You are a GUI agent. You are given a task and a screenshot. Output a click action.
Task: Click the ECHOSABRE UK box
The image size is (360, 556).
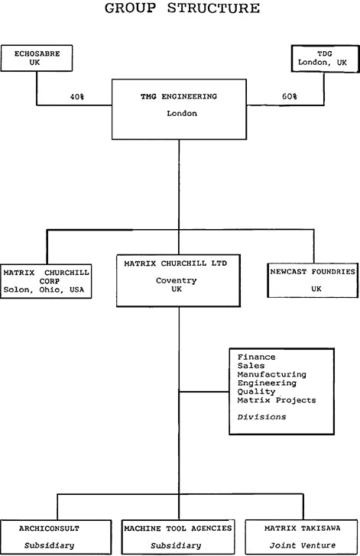37,58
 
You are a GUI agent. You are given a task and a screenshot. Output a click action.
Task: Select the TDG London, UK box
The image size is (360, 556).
325,59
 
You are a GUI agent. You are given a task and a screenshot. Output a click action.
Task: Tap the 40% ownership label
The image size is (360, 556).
77,96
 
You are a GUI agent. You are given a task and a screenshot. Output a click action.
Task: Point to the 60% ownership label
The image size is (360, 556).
290,96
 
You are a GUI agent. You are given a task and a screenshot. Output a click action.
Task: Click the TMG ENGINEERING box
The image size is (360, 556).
179,109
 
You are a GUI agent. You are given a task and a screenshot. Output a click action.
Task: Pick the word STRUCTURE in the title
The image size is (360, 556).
213,8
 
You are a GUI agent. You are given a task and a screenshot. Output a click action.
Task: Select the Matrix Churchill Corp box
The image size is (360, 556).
46,281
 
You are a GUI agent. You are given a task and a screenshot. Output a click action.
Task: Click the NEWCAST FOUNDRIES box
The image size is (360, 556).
313,280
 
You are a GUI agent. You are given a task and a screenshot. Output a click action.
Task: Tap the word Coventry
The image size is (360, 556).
176,280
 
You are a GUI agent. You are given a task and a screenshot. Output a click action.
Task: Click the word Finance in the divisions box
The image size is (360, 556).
256,357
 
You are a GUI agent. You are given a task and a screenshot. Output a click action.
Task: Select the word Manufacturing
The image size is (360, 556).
271,374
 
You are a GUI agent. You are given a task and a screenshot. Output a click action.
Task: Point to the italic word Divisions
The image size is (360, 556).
261,417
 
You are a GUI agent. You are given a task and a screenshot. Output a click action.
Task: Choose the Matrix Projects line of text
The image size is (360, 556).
277,400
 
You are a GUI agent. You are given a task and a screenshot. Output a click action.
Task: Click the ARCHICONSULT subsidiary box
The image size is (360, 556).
56,537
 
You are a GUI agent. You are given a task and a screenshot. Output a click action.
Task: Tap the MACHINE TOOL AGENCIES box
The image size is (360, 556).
178,537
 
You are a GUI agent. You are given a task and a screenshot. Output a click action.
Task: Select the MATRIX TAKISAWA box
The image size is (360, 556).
301,537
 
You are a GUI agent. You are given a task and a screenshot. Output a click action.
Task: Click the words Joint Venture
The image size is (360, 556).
303,545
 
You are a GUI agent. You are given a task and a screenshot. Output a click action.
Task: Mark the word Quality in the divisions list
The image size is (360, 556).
256,392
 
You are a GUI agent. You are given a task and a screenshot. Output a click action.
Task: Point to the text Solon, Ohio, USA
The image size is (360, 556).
44,289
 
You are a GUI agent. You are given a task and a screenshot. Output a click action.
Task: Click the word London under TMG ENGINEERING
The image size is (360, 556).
182,114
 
